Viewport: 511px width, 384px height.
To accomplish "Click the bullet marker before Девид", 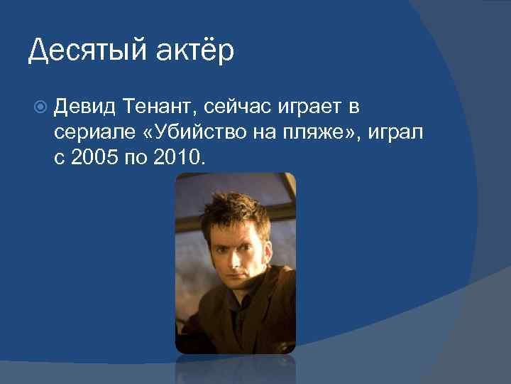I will pos(40,108).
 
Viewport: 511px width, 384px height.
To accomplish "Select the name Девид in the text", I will pos(85,107).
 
